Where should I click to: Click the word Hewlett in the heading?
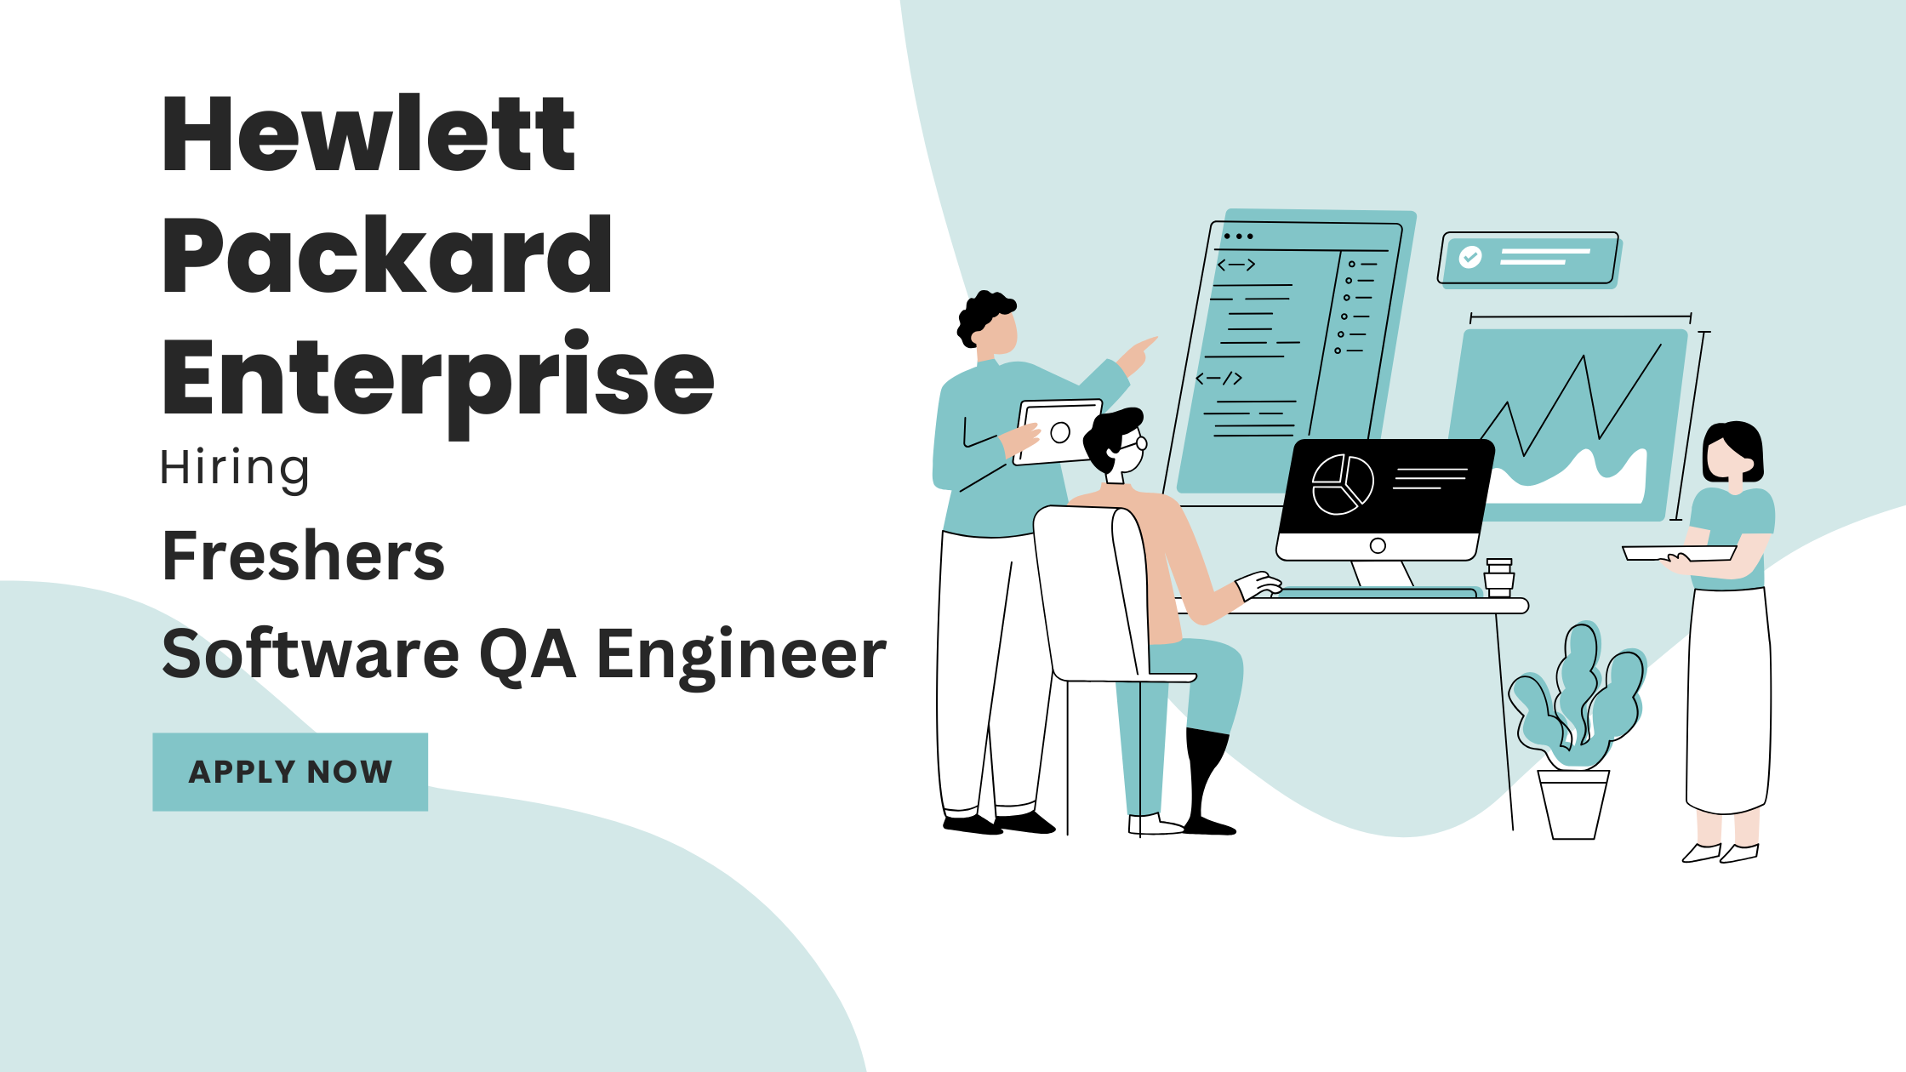pyautogui.click(x=368, y=134)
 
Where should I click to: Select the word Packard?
pyautogui.click(x=387, y=254)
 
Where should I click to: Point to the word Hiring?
pyautogui.click(x=235, y=469)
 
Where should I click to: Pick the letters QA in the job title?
pyautogui.click(x=528, y=654)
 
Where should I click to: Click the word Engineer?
pyautogui.click(x=741, y=656)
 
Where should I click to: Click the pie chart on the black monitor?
pyautogui.click(x=1343, y=484)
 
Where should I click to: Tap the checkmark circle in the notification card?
pyautogui.click(x=1470, y=257)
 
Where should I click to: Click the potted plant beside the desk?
pyautogui.click(x=1577, y=732)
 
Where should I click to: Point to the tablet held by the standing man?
pyautogui.click(x=1058, y=432)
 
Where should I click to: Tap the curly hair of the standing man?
pyautogui.click(x=985, y=316)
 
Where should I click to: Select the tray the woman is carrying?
pyautogui.click(x=1679, y=553)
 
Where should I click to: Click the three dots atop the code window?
pyautogui.click(x=1238, y=236)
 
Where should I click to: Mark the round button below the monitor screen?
pyautogui.click(x=1378, y=545)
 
